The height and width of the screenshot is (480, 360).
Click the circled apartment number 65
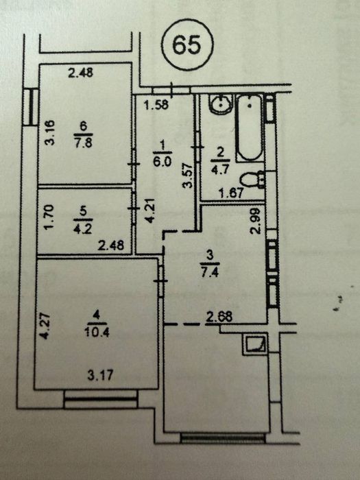tap(187, 45)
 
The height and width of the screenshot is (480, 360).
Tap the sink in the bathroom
tap(221, 104)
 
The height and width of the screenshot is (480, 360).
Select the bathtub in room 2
tap(250, 128)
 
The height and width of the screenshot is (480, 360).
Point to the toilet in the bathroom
tap(252, 180)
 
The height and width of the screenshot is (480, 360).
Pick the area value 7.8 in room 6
tap(84, 143)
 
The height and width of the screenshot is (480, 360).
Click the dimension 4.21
tap(149, 211)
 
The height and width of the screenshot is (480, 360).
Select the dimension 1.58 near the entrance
tap(156, 105)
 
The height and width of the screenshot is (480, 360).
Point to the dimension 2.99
tap(255, 221)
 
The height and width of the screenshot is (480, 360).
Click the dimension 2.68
tap(219, 317)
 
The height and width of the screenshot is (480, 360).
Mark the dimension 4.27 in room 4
tap(44, 326)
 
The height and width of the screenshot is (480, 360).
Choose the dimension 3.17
tap(100, 375)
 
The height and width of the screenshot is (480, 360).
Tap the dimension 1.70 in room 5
tap(49, 217)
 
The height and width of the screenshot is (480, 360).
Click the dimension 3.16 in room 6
tap(50, 132)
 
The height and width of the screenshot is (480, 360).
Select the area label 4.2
tap(83, 229)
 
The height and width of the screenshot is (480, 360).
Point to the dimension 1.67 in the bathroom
tap(232, 193)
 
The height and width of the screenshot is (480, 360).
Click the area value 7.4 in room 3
tap(210, 272)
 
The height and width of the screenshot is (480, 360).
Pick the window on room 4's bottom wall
tap(101, 399)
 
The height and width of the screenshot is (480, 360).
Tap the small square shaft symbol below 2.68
tap(255, 344)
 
